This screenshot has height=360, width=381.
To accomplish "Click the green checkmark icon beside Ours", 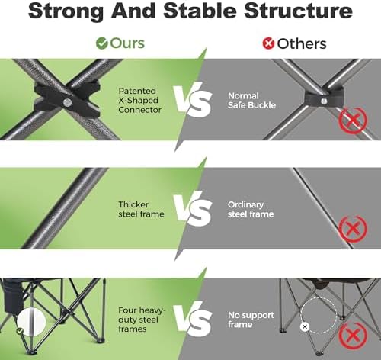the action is [102, 43].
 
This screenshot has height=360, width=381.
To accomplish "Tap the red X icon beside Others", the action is [268, 43].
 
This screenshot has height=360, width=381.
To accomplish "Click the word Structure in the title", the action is [298, 11].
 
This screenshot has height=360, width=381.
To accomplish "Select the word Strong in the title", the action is [66, 11].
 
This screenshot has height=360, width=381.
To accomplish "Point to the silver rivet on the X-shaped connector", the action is [67, 102].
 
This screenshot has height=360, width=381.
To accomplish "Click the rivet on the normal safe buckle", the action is [324, 101].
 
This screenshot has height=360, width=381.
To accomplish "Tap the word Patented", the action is [137, 91].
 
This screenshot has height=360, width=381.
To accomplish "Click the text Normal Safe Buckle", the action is [251, 101].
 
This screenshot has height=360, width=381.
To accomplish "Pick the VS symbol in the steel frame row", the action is [193, 209].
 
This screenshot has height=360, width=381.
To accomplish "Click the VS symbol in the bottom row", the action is [193, 319].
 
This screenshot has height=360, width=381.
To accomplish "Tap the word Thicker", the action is [133, 204].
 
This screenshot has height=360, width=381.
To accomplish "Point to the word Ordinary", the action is [245, 205].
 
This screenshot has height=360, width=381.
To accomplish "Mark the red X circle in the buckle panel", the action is [353, 120].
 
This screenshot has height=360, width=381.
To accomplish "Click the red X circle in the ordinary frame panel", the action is [353, 229].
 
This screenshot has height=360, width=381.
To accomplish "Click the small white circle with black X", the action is [305, 327].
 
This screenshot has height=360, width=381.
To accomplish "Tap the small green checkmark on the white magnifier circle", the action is [20, 331].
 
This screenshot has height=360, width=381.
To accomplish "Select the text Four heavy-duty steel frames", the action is [142, 320].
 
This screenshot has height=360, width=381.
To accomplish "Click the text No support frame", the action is [251, 320].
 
